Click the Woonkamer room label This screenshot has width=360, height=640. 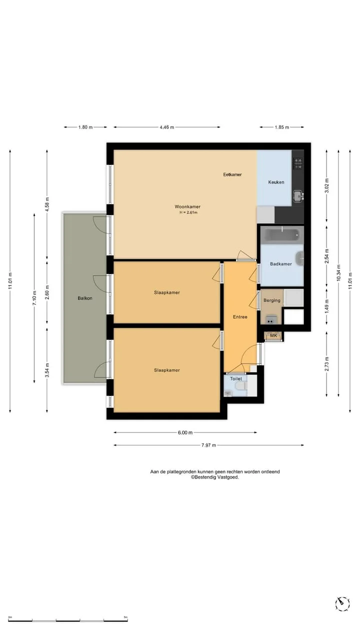tap(187, 206)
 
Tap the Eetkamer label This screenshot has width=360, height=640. tap(232, 174)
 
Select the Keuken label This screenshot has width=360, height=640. tap(276, 182)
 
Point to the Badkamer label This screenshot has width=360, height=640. tap(281, 263)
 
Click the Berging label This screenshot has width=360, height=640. tap(271, 300)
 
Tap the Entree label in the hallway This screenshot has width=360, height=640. tap(240, 317)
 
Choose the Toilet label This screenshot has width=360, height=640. tap(236, 378)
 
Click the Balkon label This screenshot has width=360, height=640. tap(85, 298)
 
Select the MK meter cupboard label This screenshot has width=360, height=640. tap(273, 335)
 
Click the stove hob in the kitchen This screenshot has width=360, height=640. tap(297, 163)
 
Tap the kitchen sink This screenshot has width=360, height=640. tap(298, 196)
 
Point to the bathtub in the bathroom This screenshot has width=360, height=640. tap(282, 234)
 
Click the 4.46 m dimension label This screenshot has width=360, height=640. tap(167, 127)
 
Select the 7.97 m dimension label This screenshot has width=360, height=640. tap(208, 445)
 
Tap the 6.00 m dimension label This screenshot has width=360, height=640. tap(185, 432)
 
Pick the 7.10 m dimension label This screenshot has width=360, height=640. tap(34, 297)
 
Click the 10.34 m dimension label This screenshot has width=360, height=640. tap(338, 273)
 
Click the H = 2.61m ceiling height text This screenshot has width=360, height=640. tap(188, 212)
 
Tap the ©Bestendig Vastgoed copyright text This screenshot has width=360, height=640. tap(215, 477)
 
